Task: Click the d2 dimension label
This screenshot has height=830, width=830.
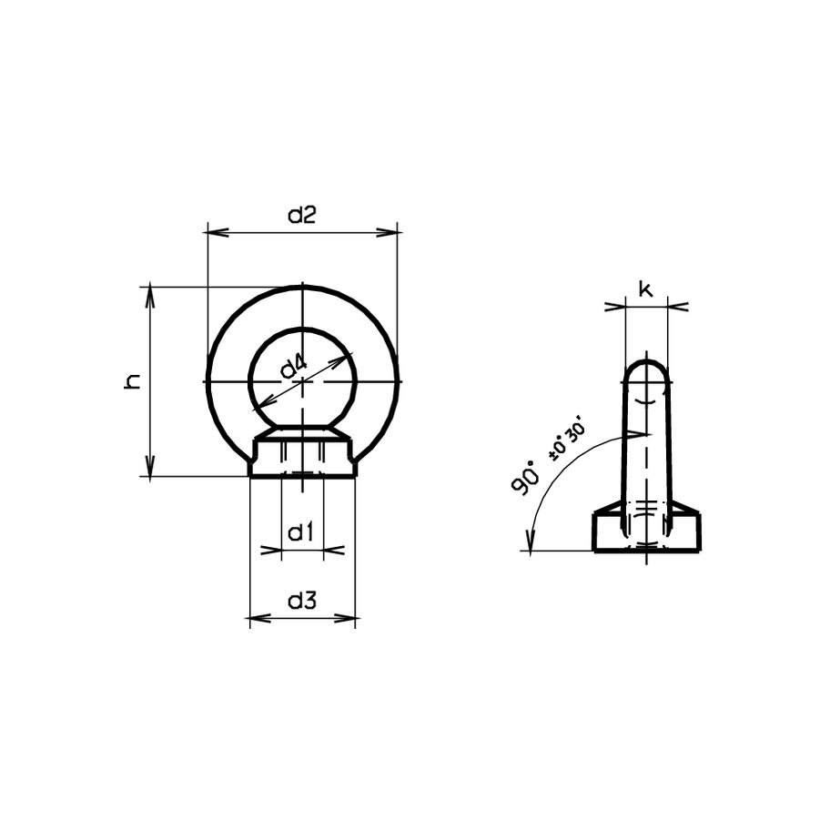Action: click(x=301, y=216)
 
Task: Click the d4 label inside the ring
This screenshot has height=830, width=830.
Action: click(x=293, y=368)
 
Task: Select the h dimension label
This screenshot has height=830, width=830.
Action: click(x=133, y=382)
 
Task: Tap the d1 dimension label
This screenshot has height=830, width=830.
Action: click(x=300, y=531)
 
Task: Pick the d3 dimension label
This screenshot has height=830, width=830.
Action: click(x=301, y=601)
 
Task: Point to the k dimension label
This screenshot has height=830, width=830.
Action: click(x=645, y=289)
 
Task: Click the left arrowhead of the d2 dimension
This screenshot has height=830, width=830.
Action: click(x=215, y=233)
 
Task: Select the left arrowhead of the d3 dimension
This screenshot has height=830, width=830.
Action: click(x=257, y=619)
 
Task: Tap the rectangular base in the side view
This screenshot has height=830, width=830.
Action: click(x=647, y=532)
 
